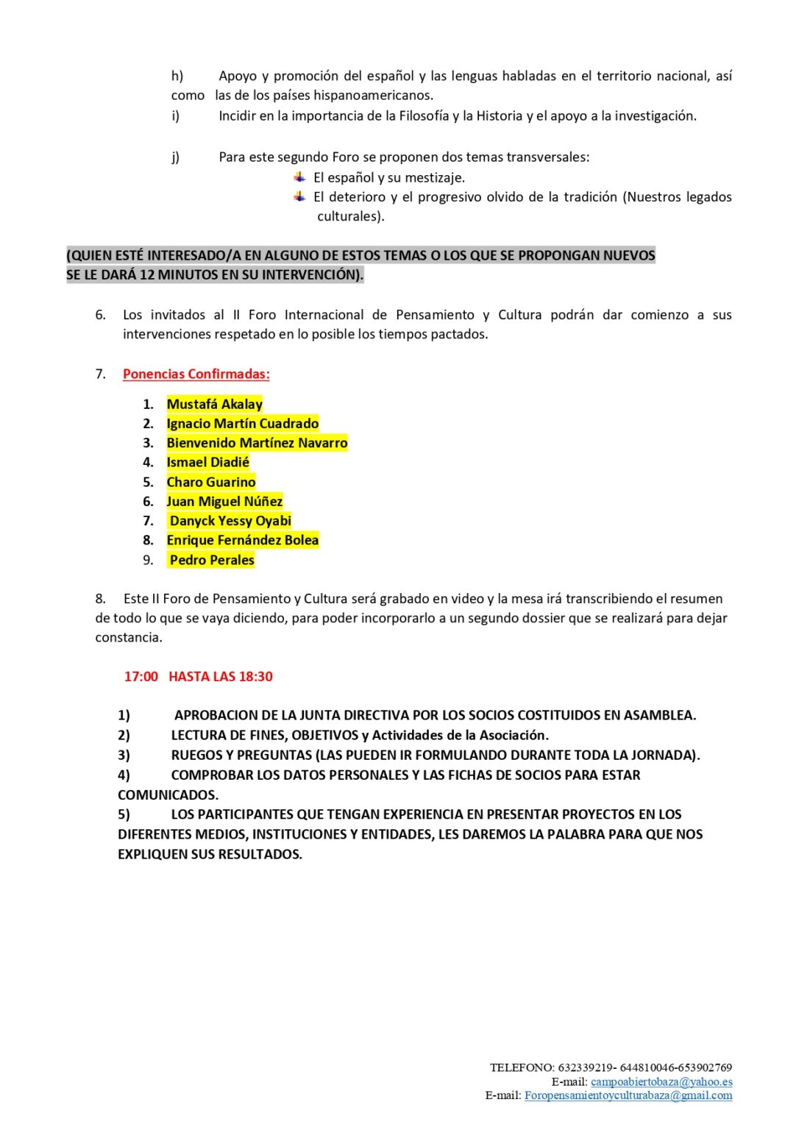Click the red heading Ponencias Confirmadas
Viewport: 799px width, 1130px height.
[x=196, y=374]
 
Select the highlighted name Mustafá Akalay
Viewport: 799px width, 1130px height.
[x=214, y=404]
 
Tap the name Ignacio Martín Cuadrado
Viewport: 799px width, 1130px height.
[x=242, y=423]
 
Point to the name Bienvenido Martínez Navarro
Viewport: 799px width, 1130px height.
[x=257, y=443]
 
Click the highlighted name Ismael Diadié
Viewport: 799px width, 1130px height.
[x=207, y=462]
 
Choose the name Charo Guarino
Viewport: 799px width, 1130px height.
[x=211, y=482]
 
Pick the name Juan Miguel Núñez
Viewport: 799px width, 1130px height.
[x=224, y=501]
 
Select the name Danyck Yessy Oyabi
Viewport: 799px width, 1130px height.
[x=230, y=521]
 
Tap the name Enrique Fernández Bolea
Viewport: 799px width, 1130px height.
[x=242, y=540]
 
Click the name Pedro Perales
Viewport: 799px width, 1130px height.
[x=212, y=560]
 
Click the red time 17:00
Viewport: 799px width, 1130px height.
[x=141, y=676]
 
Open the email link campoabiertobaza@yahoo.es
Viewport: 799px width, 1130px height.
[x=661, y=1081]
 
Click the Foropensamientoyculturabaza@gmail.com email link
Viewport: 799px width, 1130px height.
[x=628, y=1095]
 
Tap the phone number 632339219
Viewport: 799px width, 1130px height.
[x=585, y=1067]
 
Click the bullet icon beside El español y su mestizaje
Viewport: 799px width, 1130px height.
[x=299, y=177]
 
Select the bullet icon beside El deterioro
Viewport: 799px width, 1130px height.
[x=299, y=196]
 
